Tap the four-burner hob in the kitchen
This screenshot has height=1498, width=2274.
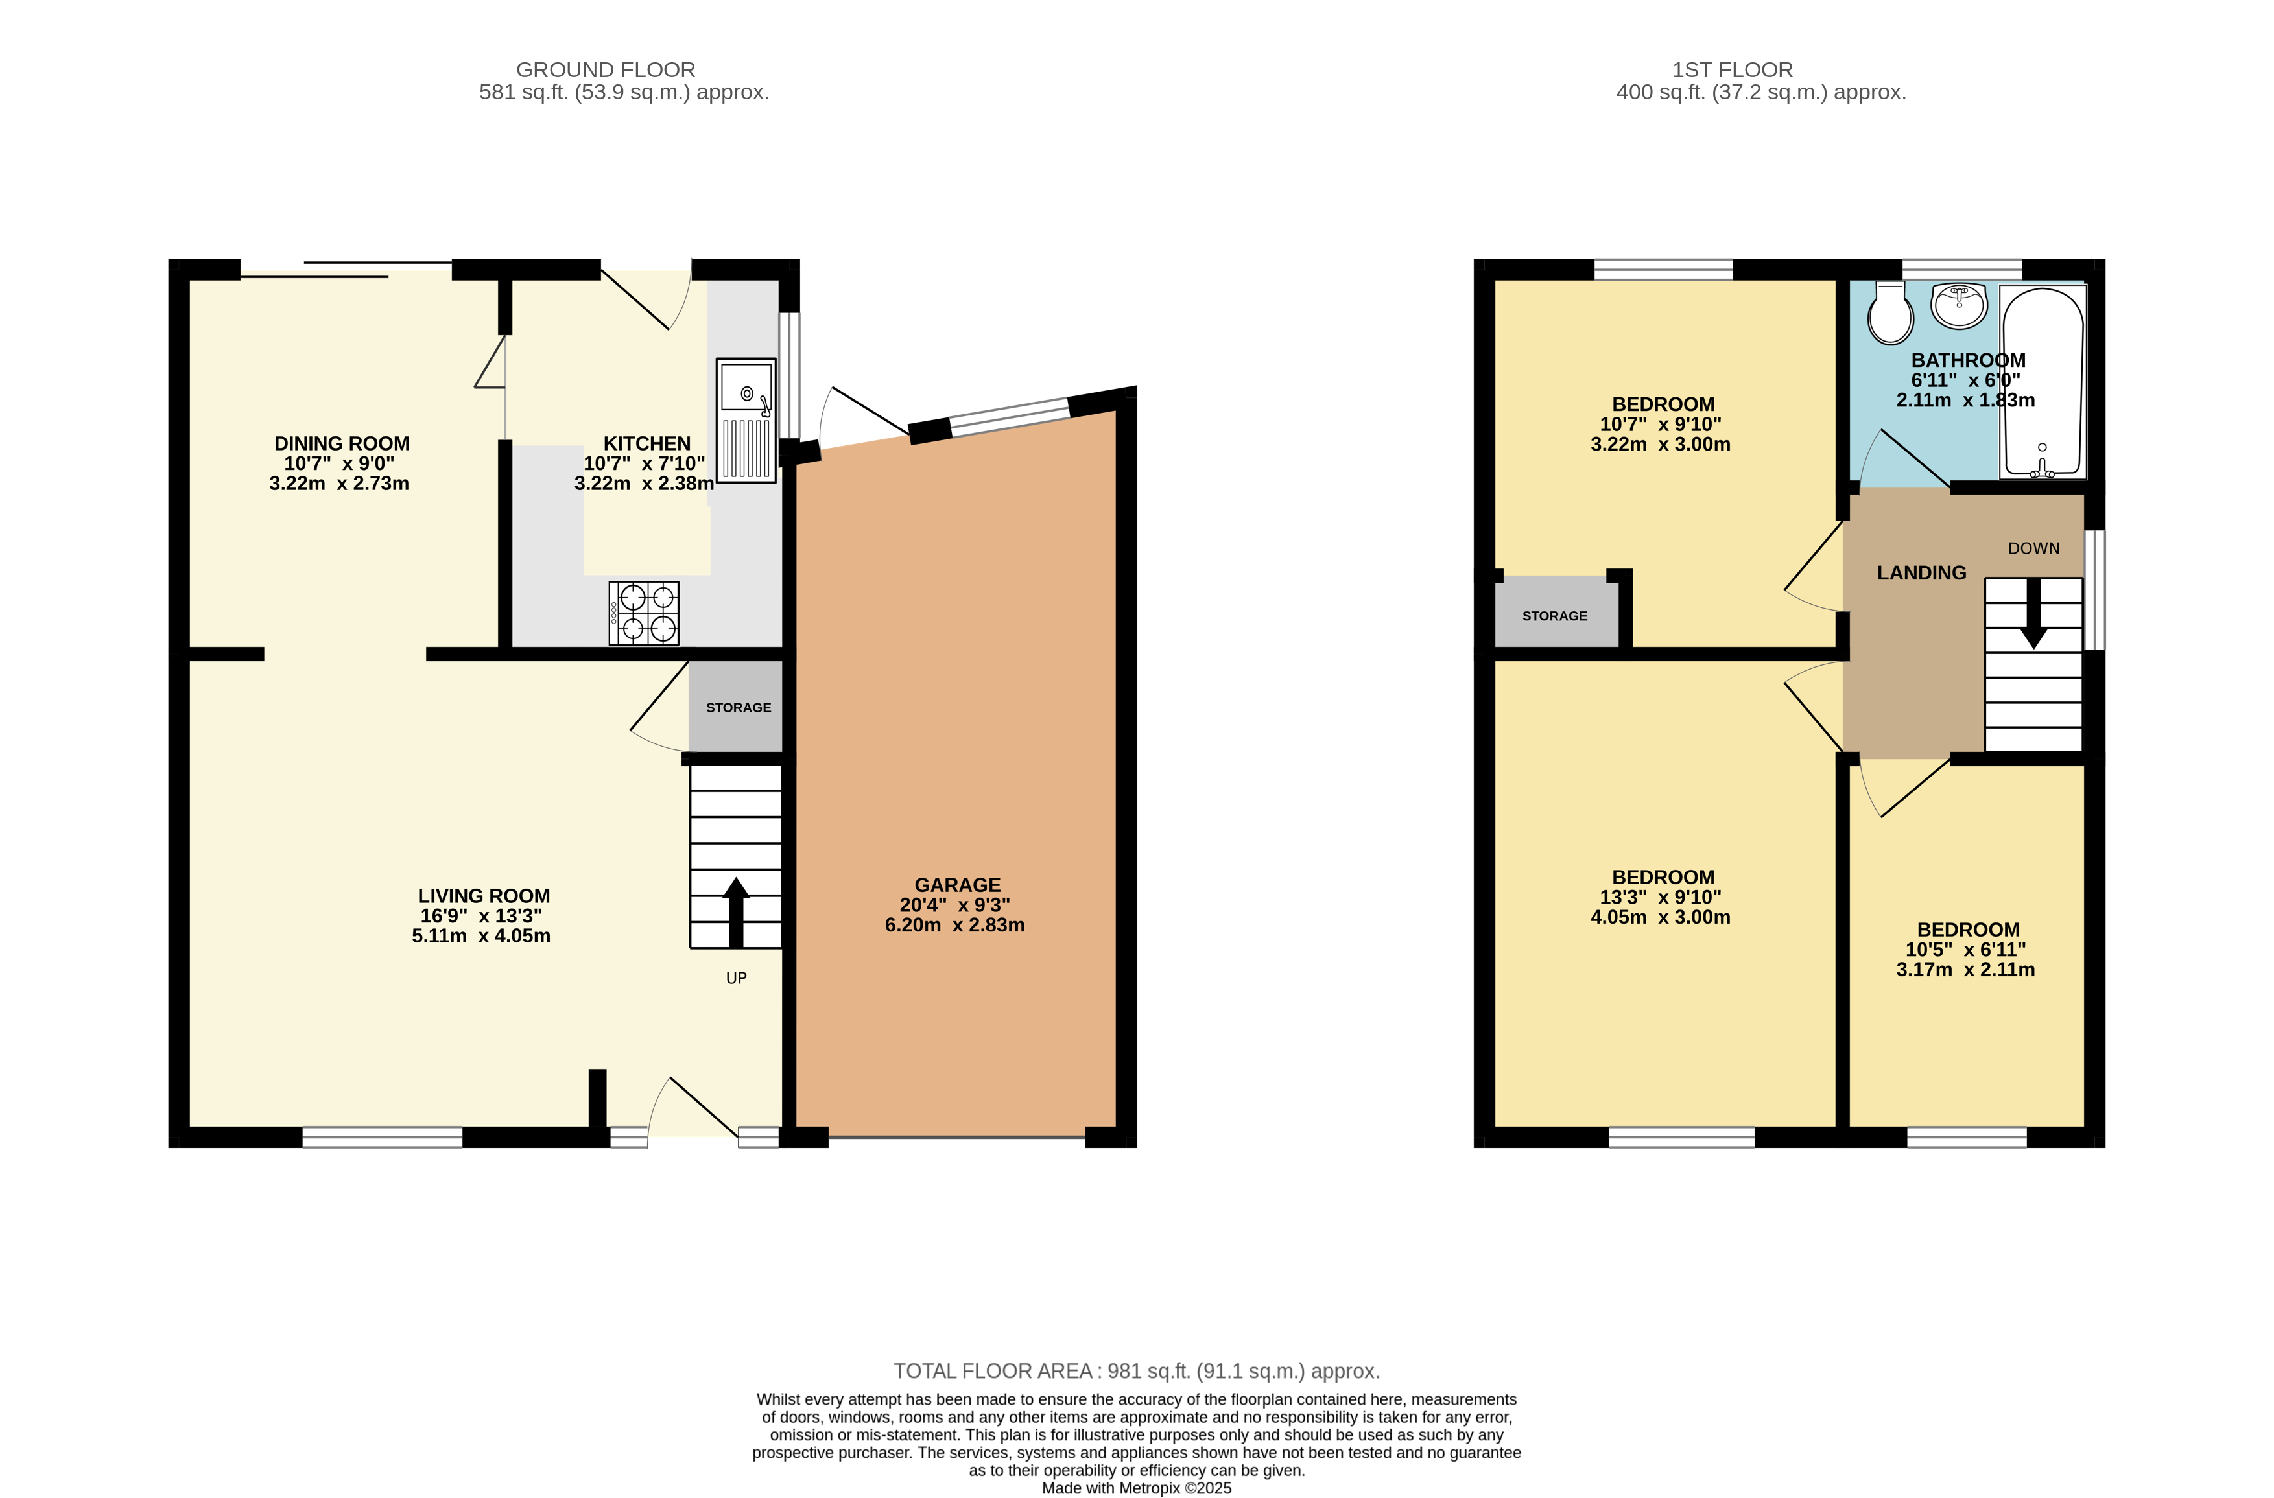point(644,613)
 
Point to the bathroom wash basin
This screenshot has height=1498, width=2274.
point(1959,305)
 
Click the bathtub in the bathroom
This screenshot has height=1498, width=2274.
point(2043,382)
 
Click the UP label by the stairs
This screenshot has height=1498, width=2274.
point(736,978)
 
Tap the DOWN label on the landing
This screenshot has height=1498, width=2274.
point(2033,548)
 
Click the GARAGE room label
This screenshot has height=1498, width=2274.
point(956,885)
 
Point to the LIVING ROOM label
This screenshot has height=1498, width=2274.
point(484,895)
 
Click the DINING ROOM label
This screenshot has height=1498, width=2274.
point(341,443)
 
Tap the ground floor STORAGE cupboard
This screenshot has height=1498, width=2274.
point(738,707)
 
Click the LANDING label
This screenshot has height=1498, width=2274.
point(1921,573)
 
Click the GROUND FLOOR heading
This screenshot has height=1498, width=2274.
point(605,70)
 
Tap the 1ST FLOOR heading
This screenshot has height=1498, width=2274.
point(1733,70)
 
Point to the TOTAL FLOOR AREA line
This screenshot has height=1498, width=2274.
point(1136,1371)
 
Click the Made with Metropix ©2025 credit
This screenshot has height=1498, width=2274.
point(1136,1488)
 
